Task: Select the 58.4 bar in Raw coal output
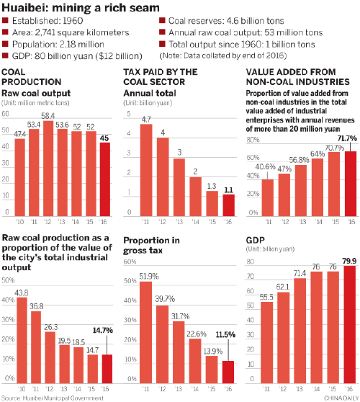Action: (x=50, y=169)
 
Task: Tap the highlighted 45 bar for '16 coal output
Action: (x=104, y=180)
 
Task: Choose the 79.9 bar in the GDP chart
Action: (x=349, y=324)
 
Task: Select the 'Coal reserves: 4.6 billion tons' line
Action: (x=225, y=22)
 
